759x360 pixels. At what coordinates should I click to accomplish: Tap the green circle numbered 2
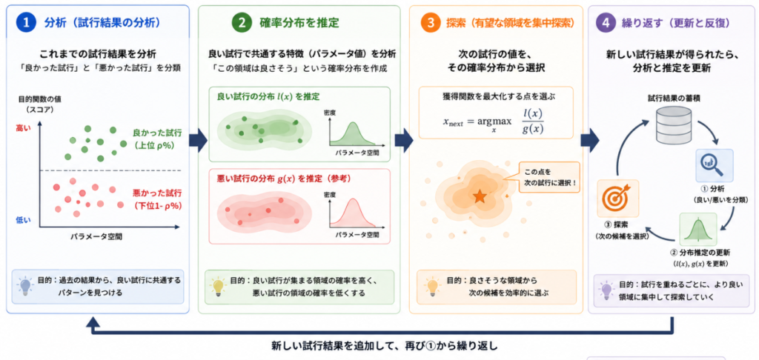(239, 23)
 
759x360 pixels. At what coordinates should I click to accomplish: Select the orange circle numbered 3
(429, 23)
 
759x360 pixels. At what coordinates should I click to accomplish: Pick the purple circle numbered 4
(606, 23)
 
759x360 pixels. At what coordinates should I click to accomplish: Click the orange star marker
(480, 196)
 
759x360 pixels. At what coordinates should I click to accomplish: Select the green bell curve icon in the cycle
(697, 229)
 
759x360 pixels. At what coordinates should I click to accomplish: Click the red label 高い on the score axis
(23, 128)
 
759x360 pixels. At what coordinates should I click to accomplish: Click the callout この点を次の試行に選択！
(548, 177)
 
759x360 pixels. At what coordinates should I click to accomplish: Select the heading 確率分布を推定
(299, 23)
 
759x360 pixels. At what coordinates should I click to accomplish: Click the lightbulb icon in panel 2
(218, 286)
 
